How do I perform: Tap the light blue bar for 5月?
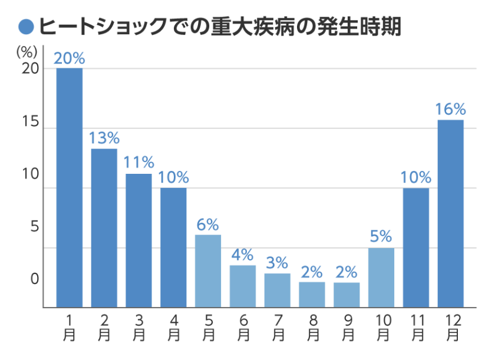point(208,271)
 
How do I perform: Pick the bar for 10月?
point(381,278)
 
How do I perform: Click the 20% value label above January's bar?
point(70,58)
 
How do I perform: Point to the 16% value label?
point(451,110)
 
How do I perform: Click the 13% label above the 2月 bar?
point(104,138)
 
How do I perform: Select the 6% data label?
point(208,224)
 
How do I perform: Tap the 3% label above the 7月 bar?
point(277,263)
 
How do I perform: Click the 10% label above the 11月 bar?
point(416,177)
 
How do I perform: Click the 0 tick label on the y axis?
point(35,278)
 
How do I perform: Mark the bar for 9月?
point(346,295)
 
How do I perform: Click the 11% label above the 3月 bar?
point(139,163)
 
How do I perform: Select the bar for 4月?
point(173,247)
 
